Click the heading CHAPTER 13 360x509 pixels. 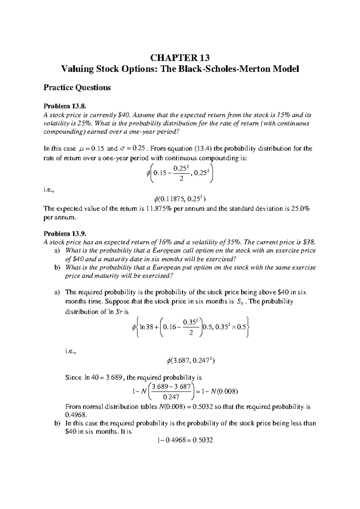180,57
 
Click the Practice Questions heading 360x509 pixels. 77,88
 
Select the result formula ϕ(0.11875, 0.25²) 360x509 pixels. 180,198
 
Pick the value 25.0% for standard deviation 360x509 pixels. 301,209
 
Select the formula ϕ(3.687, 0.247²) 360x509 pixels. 190,361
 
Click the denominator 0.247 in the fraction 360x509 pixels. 171,397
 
